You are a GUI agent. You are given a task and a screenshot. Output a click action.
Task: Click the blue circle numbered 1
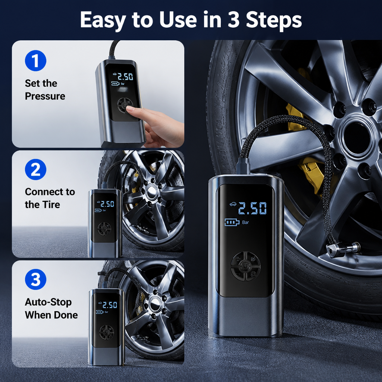click(x=35, y=61)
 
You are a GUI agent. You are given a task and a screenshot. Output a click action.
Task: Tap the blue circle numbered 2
click(x=35, y=170)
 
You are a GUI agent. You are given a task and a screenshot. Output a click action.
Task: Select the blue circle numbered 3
click(x=35, y=279)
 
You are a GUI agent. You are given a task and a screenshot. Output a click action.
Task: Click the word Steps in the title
click(x=274, y=20)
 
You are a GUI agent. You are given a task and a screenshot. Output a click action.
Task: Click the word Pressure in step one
click(x=45, y=96)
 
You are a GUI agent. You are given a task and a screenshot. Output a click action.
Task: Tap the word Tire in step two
click(x=51, y=205)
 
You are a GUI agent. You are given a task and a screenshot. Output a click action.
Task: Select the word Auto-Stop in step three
click(x=48, y=302)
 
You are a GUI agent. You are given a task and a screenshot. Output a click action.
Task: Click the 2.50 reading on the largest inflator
click(x=253, y=208)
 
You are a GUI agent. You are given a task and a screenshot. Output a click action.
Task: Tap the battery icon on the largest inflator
click(x=232, y=222)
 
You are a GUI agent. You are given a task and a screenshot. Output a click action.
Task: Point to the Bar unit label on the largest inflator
click(x=245, y=222)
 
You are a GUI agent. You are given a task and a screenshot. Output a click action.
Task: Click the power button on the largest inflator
click(x=245, y=266)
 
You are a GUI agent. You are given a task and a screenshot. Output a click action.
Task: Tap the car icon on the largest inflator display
click(x=233, y=204)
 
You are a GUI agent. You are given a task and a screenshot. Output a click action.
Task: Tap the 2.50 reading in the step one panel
click(x=125, y=77)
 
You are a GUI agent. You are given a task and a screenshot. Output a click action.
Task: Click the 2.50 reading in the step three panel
click(x=110, y=305)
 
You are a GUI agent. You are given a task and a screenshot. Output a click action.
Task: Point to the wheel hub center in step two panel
click(x=151, y=190)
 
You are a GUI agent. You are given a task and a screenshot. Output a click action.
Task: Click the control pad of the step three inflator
click(x=106, y=332)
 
